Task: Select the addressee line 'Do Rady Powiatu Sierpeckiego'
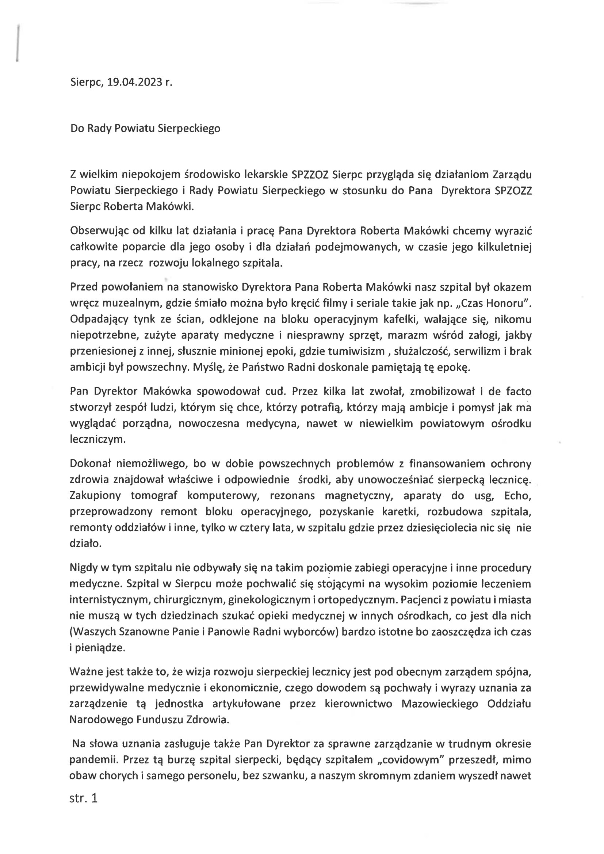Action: tap(145, 128)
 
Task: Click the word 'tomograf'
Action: tap(154, 496)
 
